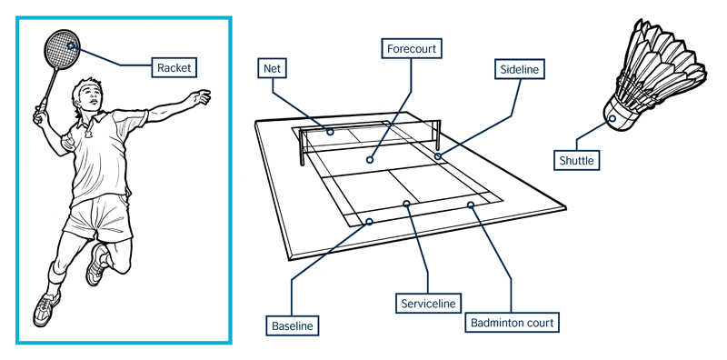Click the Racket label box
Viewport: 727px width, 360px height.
click(x=174, y=67)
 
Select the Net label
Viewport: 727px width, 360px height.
click(x=272, y=69)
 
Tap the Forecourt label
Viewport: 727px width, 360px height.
click(x=412, y=48)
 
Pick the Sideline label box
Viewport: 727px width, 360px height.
click(x=519, y=70)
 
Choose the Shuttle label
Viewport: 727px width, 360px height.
click(x=576, y=160)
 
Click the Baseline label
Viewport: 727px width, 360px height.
click(x=292, y=325)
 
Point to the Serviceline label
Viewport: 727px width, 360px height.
click(x=428, y=304)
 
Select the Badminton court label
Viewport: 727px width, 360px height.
click(x=512, y=323)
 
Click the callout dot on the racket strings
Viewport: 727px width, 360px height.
click(x=71, y=45)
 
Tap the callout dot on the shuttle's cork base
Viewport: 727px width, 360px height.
click(x=612, y=118)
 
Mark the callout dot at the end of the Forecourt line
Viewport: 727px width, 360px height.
click(x=370, y=160)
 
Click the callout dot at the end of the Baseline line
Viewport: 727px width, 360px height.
click(x=370, y=222)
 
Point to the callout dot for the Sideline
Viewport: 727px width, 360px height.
click(x=438, y=155)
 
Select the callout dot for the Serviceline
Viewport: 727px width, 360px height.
click(x=406, y=204)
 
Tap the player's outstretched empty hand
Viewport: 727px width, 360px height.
click(x=202, y=97)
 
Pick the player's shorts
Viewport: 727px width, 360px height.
click(x=98, y=218)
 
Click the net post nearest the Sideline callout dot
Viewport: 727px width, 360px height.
click(x=438, y=131)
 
